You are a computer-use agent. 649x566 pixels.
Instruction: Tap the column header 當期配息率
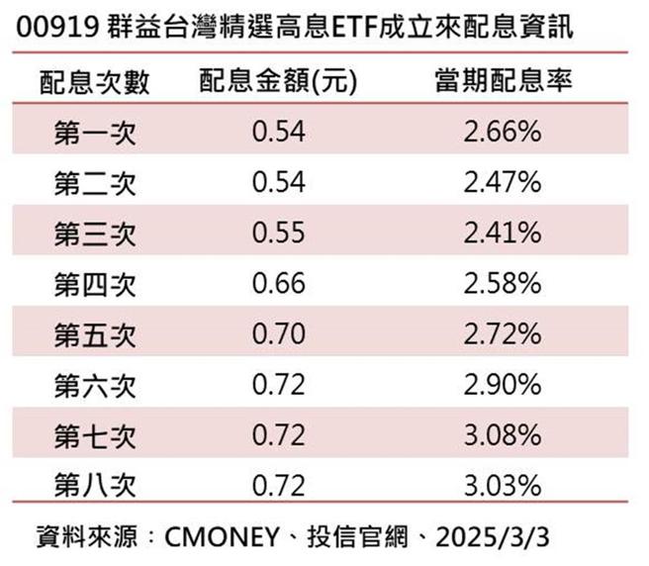(x=502, y=81)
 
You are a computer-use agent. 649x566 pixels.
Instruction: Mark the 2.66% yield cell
(x=502, y=132)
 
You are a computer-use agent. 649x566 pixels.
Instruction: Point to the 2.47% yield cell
(x=502, y=183)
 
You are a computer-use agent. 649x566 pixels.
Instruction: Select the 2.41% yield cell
(x=502, y=234)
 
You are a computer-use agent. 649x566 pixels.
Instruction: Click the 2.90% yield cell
(x=502, y=386)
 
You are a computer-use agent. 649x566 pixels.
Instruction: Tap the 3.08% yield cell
(x=502, y=436)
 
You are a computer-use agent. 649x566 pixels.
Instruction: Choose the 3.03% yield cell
(x=502, y=487)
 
